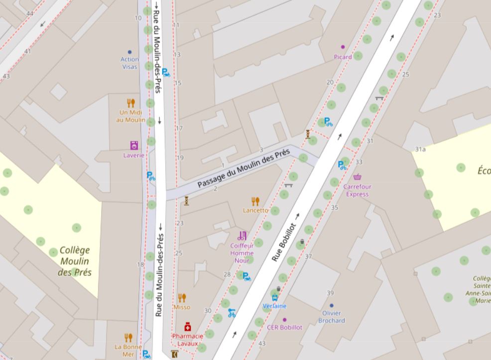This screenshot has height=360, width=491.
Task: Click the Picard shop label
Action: coord(343,57)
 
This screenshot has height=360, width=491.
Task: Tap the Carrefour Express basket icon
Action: coord(357,177)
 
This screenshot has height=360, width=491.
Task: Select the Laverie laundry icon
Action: coord(133,145)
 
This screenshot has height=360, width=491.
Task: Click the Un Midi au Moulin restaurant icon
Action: coord(131,103)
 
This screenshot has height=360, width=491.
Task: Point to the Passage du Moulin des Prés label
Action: coord(243,169)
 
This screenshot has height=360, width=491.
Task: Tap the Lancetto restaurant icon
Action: coord(255,201)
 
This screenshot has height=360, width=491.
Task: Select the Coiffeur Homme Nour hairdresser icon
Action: coord(243,236)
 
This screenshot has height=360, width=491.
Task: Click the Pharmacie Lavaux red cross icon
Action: coord(188,327)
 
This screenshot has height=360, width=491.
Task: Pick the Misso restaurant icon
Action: coord(182,298)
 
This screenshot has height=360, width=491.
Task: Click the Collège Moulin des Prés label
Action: coord(75,261)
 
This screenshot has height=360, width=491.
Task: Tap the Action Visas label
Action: coord(129,63)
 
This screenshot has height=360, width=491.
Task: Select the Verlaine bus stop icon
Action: coord(274,298)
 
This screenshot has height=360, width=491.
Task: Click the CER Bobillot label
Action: coord(284,327)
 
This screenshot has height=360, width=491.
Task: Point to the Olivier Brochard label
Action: coord(332,317)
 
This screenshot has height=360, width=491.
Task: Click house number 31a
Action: coord(420,149)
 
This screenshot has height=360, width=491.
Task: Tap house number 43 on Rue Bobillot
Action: coord(262,344)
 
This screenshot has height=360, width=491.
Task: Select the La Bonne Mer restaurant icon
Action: coord(128,338)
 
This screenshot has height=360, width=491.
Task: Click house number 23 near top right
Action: coord(437,15)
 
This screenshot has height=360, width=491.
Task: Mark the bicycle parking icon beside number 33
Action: coord(342,165)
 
